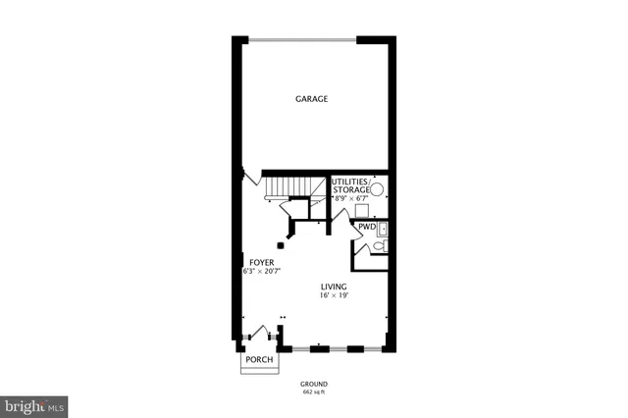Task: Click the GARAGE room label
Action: pos(312,99)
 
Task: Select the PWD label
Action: pos(366,227)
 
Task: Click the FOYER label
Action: pos(260,262)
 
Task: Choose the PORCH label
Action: pos(259,360)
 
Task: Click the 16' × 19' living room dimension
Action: pos(334,295)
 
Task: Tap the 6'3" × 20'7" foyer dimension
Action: pos(263,271)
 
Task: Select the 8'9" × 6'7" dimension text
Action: pos(352,198)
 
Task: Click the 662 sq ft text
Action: pos(314,392)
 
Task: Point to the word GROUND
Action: pos(314,384)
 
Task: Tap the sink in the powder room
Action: pos(384,230)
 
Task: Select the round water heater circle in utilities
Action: pos(377,192)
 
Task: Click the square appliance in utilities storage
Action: pos(361,210)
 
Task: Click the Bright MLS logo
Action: pos(34,404)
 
